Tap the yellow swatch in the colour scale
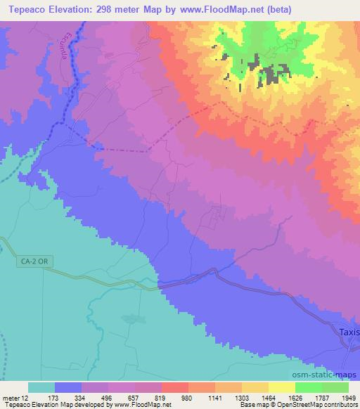[x=282, y=387]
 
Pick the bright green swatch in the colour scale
[x=309, y=387]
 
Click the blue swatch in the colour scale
[x=68, y=387]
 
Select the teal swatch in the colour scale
[x=41, y=387]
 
